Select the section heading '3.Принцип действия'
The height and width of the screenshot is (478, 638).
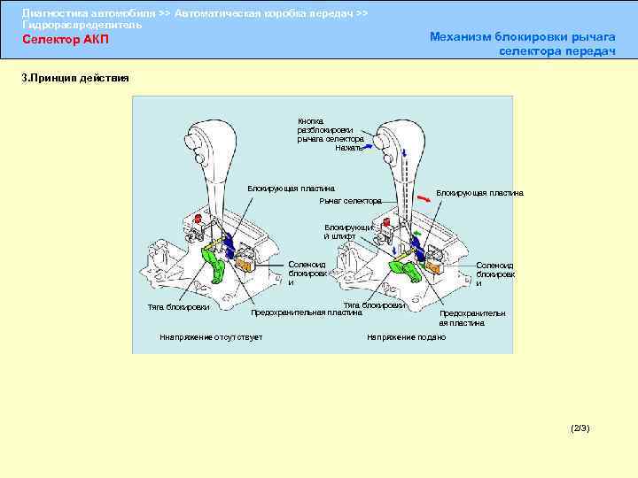[x=75, y=78]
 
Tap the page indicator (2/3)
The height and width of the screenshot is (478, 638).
[x=580, y=428]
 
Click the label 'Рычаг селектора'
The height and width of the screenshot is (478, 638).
[x=349, y=201]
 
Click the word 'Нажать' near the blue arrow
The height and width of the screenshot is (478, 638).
[x=348, y=147]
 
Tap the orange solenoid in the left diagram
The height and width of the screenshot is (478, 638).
[x=245, y=262]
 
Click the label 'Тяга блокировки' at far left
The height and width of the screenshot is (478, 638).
[x=178, y=307]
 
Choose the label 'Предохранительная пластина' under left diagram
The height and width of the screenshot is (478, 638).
[x=307, y=312]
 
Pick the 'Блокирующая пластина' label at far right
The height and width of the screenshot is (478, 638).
[x=479, y=193]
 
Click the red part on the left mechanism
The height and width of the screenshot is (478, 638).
[x=197, y=218]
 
